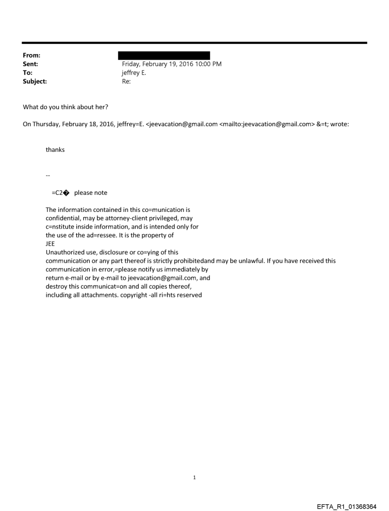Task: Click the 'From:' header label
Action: (x=31, y=56)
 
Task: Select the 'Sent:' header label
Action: (x=30, y=64)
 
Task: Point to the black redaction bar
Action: (x=164, y=56)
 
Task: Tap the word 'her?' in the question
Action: (x=99, y=106)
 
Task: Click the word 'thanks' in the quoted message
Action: (x=55, y=150)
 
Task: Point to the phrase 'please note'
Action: (x=91, y=193)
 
